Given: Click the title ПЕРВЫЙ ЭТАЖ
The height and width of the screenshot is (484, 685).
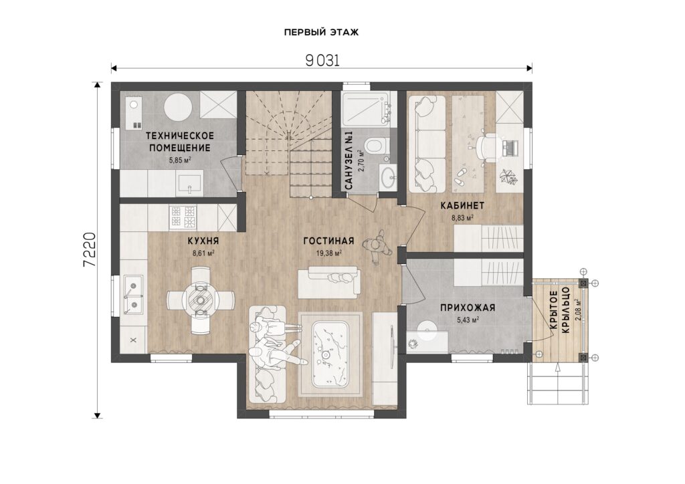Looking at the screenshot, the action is (x=321, y=32).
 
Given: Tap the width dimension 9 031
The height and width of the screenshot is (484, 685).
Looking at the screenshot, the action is (x=322, y=61).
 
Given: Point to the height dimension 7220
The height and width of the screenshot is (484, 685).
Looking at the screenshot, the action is (x=90, y=249).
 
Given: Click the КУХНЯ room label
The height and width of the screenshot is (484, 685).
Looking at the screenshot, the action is (x=203, y=241).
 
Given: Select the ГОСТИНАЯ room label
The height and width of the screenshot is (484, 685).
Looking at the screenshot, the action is (x=328, y=241).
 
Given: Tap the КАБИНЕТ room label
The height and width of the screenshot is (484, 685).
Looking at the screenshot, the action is (x=462, y=205).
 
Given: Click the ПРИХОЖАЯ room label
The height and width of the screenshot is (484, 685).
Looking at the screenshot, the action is (x=468, y=308).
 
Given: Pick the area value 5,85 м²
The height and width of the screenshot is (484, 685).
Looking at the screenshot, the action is (x=180, y=160).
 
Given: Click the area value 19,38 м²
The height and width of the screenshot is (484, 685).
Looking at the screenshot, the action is (x=328, y=253).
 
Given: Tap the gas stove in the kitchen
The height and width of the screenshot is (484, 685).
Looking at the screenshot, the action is (x=183, y=217).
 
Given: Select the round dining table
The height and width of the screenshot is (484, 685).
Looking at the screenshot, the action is (x=201, y=300).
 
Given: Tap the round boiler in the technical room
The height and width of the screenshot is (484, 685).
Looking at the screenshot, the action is (x=178, y=108).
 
